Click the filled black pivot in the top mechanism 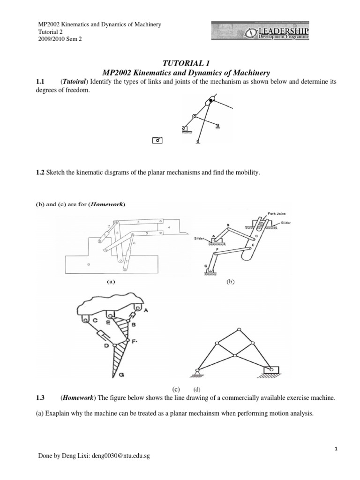click(211, 100)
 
